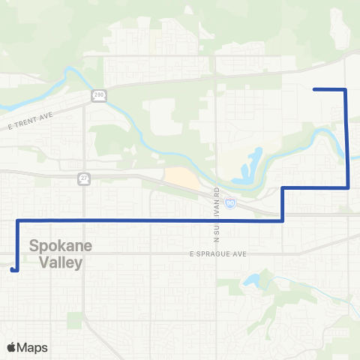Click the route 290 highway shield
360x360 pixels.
coord(99,94)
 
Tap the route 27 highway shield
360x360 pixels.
coord(84,178)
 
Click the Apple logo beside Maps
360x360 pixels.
coord(12,347)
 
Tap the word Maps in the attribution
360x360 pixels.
coord(33,347)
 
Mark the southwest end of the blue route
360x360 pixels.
coord(13,269)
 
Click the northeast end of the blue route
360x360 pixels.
coord(313,89)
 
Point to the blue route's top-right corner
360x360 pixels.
coord(345,89)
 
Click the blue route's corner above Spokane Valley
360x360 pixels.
coord(16,220)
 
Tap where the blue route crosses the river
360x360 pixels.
coord(347,154)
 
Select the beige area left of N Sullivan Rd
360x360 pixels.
coord(180,178)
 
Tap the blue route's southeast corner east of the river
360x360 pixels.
coord(349,188)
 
